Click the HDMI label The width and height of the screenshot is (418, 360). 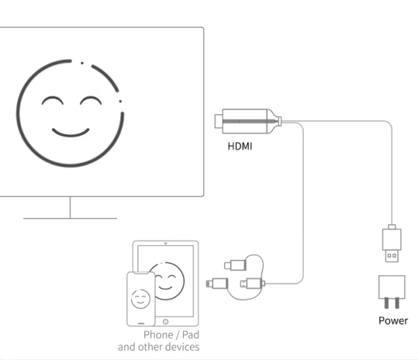(x=240, y=147)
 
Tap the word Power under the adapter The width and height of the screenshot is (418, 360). (x=393, y=320)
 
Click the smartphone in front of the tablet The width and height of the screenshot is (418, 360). (x=140, y=298)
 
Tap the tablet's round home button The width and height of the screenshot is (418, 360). (x=164, y=321)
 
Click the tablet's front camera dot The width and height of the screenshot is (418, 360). (x=165, y=245)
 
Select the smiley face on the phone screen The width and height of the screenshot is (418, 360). (x=140, y=299)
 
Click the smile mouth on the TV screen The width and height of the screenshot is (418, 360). (x=70, y=131)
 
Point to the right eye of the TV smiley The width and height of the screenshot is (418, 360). (x=91, y=104)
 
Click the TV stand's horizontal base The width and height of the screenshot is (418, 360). (x=70, y=219)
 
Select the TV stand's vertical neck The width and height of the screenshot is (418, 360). (x=70, y=207)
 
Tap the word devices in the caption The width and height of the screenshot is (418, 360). (x=183, y=346)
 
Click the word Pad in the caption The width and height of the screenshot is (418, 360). (x=190, y=335)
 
